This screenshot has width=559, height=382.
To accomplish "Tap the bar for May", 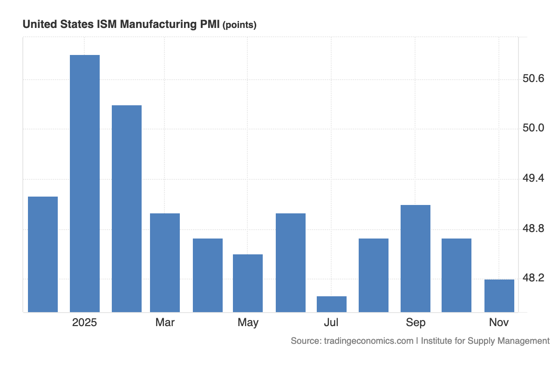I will [248, 283].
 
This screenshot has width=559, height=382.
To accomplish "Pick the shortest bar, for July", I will [332, 304].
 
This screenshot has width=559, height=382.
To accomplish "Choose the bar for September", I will [416, 258].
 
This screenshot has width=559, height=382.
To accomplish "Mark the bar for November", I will [499, 295].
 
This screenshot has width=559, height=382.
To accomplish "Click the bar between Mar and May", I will [208, 275].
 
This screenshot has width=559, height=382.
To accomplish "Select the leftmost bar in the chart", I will [43, 254].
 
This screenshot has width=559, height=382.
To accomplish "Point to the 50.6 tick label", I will [533, 78].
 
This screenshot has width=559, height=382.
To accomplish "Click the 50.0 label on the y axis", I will [533, 128].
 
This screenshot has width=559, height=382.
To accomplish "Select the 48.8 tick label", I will [533, 228].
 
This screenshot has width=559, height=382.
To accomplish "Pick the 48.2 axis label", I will [533, 278].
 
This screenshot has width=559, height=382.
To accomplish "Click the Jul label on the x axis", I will [331, 322].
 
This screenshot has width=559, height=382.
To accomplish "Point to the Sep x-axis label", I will [416, 322].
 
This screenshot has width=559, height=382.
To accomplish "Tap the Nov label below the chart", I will [499, 322].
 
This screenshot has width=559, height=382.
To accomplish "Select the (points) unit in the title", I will [239, 25].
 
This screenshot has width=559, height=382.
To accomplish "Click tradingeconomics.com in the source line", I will [368, 341].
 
